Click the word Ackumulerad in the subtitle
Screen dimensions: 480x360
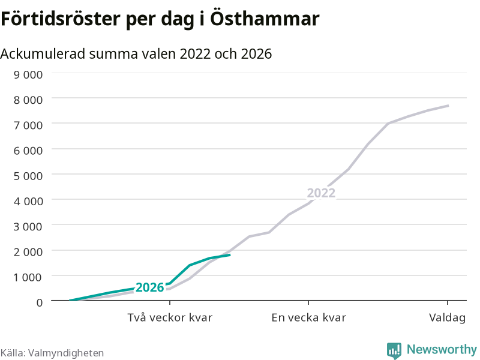point(43,54)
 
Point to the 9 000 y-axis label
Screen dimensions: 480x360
point(28,74)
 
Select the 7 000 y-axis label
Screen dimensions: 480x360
point(28,125)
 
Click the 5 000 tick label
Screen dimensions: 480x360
point(28,176)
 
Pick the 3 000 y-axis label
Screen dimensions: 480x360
point(28,227)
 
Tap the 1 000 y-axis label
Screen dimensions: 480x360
point(28,277)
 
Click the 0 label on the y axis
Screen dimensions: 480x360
point(40,302)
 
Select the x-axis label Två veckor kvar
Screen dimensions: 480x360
point(170,317)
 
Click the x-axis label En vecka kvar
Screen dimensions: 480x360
point(308,317)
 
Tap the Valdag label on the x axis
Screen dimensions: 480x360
point(447,318)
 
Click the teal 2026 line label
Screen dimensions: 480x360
point(149,287)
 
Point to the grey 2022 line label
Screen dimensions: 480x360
point(321,193)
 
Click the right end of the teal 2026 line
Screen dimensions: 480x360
point(230,254)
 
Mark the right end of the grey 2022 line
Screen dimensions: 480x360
point(448,106)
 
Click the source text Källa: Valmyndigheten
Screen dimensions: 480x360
point(52,353)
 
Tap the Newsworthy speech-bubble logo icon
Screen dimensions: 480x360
point(394,350)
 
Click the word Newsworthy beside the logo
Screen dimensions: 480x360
point(442,349)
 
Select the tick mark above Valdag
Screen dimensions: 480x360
point(448,303)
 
